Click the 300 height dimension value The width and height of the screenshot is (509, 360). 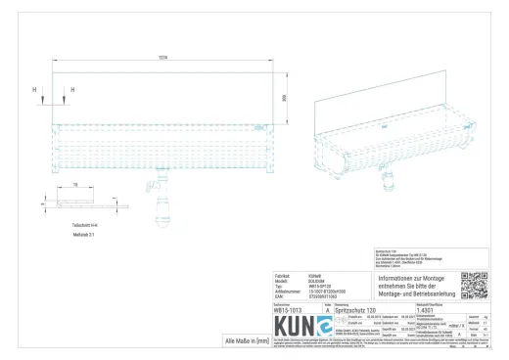[x=284, y=98]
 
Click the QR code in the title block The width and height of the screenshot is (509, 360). [x=474, y=285]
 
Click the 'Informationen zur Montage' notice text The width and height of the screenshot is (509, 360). [x=412, y=284]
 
